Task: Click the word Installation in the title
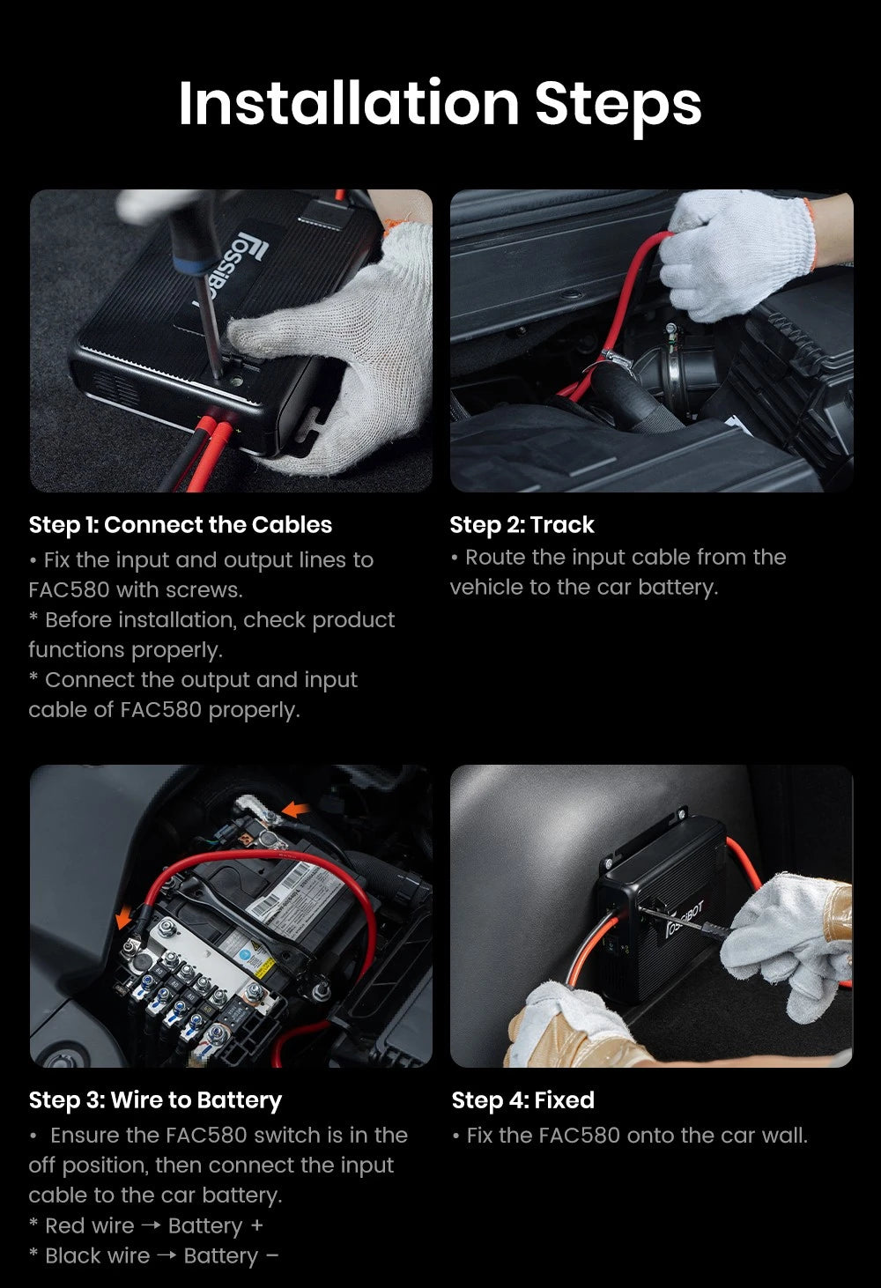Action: click(x=349, y=103)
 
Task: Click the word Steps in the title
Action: click(x=618, y=107)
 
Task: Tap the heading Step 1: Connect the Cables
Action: click(x=181, y=525)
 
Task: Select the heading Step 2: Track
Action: click(x=522, y=525)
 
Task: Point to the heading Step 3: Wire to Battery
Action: click(x=155, y=1100)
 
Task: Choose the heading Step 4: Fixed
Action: click(x=522, y=1099)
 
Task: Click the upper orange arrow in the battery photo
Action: click(x=297, y=810)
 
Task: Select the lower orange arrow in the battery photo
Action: click(x=124, y=916)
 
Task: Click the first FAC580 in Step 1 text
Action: click(x=69, y=590)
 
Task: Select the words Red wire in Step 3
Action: click(x=90, y=1225)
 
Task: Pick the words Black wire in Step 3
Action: click(x=98, y=1255)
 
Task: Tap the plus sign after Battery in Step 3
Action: click(x=257, y=1225)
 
